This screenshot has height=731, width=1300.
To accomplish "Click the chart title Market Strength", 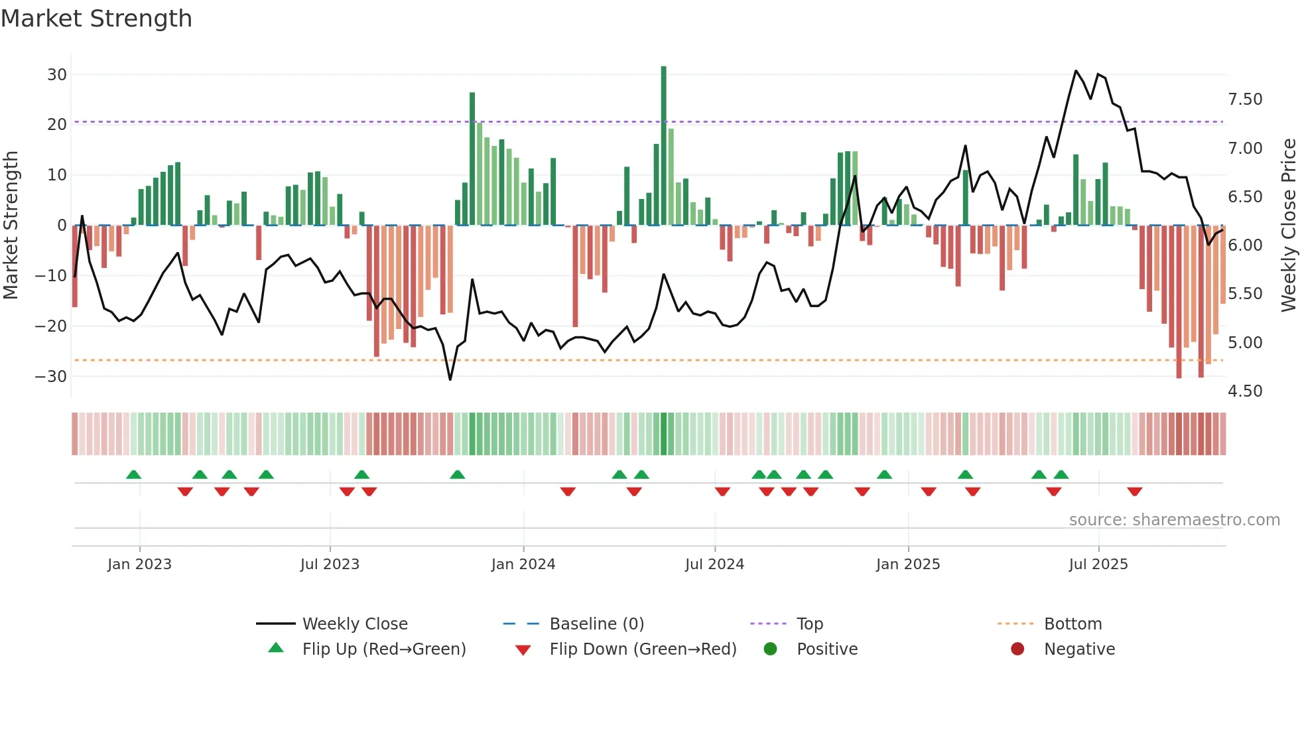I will pos(96,19).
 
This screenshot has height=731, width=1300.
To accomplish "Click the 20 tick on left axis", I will pos(57,125).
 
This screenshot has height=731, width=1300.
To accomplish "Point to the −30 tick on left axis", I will pos(51,376).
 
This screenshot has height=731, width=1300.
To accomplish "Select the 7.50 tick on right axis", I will pos(1245,100).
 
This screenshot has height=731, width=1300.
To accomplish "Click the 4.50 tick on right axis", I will pos(1245,391).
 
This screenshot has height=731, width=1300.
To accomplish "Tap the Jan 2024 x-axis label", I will pos(523,565).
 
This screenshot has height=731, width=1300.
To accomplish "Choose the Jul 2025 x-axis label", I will pos(1098,565).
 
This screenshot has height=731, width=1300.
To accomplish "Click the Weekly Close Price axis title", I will pos(1288,226).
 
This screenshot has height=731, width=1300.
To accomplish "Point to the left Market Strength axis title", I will pos(11,226).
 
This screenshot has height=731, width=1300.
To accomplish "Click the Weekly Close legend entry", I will pos(355,624).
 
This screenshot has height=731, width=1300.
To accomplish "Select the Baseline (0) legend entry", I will pos(596,624).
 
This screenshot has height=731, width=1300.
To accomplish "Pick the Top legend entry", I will pos(809,624).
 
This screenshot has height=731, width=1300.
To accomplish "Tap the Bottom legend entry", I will pos(1072,624).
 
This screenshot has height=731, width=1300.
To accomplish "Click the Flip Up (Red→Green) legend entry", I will pos(383,649).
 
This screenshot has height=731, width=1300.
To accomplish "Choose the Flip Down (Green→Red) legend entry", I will pos(643,649).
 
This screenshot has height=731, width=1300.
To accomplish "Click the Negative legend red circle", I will pos(1017,649).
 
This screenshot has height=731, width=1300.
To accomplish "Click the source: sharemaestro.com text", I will pos(1174,520).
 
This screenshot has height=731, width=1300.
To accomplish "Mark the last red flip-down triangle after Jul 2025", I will pos(1134,492).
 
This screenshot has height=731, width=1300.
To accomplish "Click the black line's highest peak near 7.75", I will pos(1076,71).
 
